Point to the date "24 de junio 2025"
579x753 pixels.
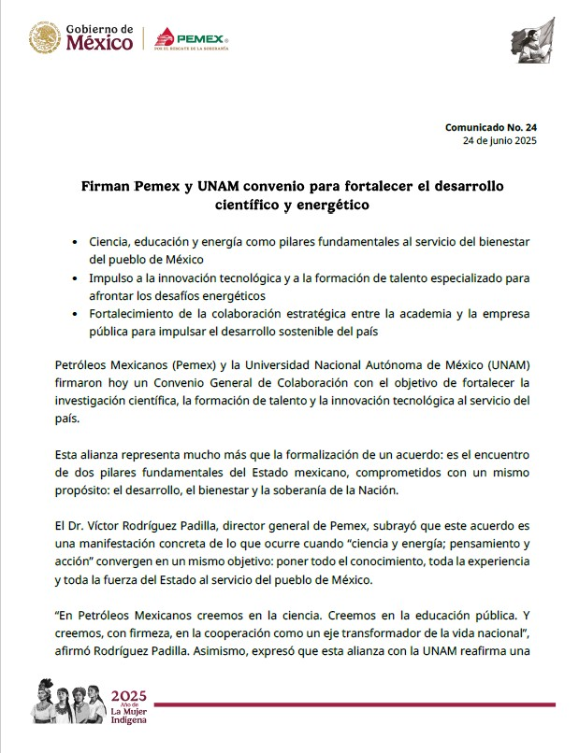click(x=499, y=140)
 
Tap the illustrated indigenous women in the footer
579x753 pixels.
click(x=68, y=700)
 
